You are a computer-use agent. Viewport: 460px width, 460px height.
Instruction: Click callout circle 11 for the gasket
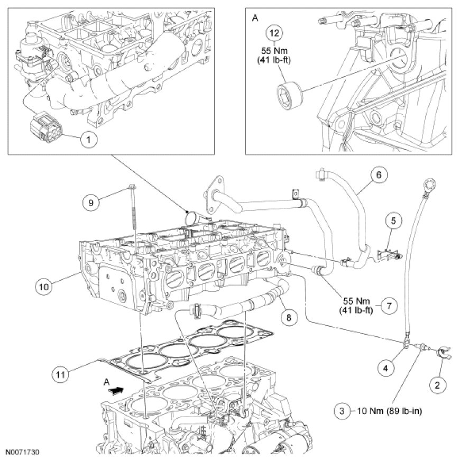(x=62, y=374)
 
